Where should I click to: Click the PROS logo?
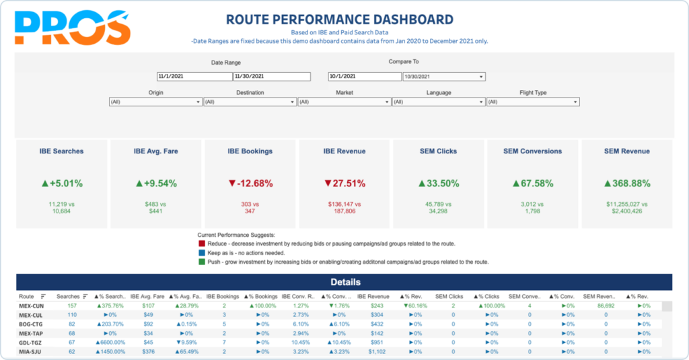tap(71, 29)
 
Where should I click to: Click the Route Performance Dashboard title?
tap(339, 20)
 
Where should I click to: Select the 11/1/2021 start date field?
tap(194, 77)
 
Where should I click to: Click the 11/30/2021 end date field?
tap(271, 77)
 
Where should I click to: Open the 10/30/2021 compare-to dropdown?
tap(444, 77)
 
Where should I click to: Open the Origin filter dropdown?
tap(155, 102)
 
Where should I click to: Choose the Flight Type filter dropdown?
tap(532, 102)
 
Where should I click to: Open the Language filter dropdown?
tap(438, 102)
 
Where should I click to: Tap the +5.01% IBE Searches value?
tap(63, 183)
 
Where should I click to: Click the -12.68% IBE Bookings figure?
tap(250, 183)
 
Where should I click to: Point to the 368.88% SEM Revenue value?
tap(626, 183)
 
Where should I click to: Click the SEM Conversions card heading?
tap(532, 151)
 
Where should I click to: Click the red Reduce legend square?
tap(202, 244)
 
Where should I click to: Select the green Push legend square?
tap(202, 262)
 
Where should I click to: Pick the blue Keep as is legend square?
tap(202, 252)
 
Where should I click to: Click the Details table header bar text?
tap(344, 283)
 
